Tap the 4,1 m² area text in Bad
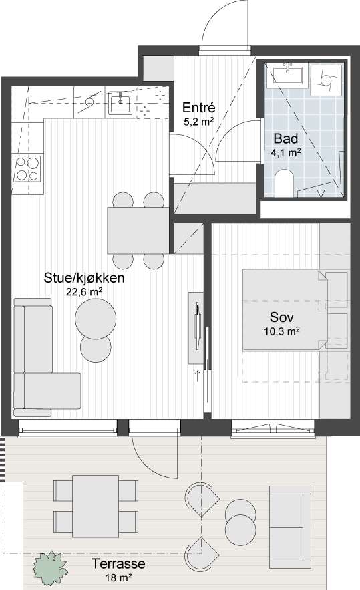tap(285, 153)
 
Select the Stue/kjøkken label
tap(84, 278)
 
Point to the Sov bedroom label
tap(282, 317)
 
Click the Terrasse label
tap(118, 564)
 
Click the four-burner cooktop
tap(27, 169)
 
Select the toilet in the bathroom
tap(285, 183)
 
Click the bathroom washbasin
tap(288, 75)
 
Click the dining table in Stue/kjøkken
tap(138, 231)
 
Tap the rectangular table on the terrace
tap(96, 506)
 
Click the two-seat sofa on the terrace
tap(290, 527)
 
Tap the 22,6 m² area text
tap(85, 293)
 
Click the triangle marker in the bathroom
tap(321, 193)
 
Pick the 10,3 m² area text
tap(282, 331)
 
